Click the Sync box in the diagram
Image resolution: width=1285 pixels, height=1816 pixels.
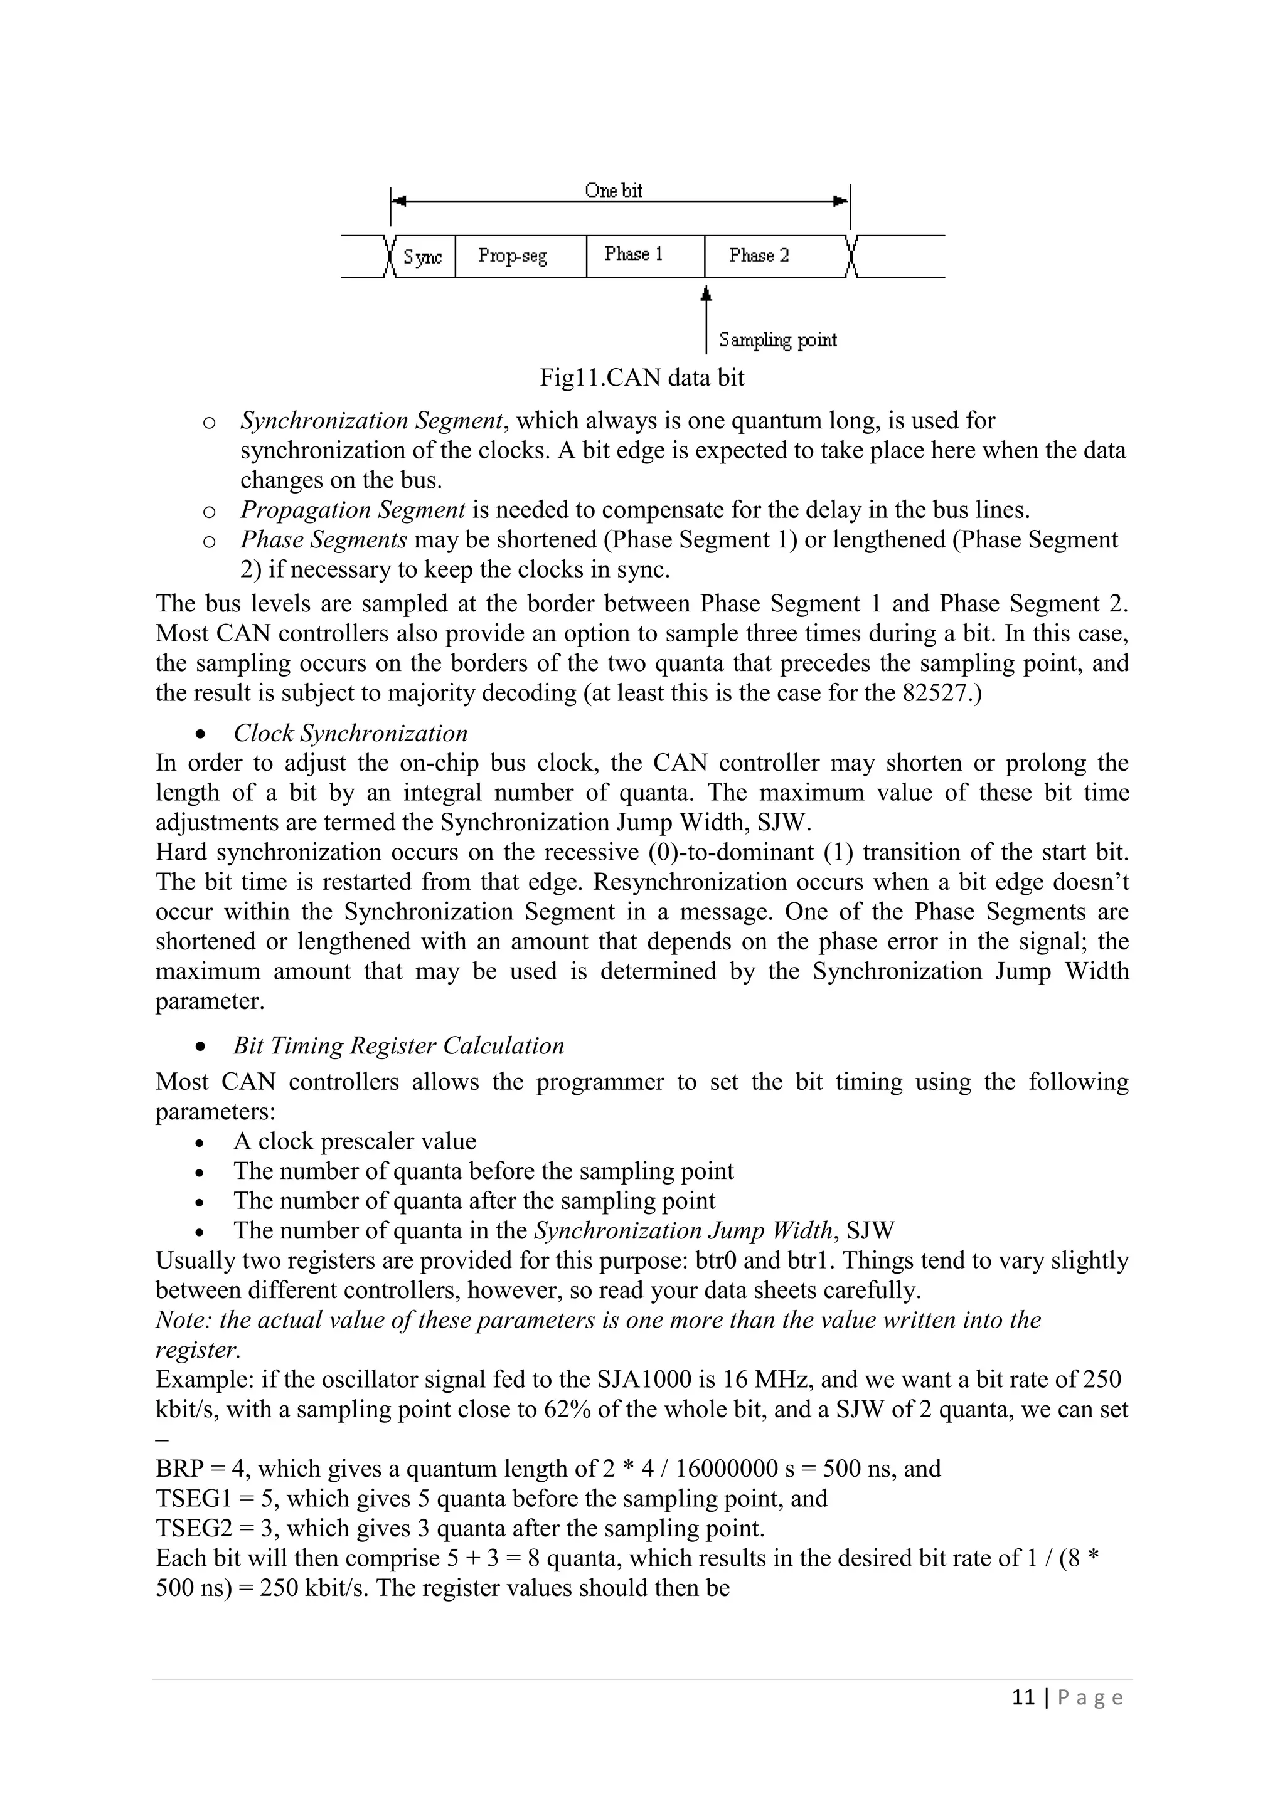point(422,257)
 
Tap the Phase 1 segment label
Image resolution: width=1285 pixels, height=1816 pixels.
point(634,254)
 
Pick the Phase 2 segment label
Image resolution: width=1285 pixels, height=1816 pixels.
point(759,255)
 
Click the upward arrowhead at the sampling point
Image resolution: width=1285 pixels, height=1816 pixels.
point(706,293)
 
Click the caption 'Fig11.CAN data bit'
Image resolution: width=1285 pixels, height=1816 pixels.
point(642,377)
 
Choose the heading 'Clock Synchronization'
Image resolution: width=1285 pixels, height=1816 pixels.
point(351,733)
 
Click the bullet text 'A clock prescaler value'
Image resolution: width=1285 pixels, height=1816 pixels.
point(355,1141)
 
